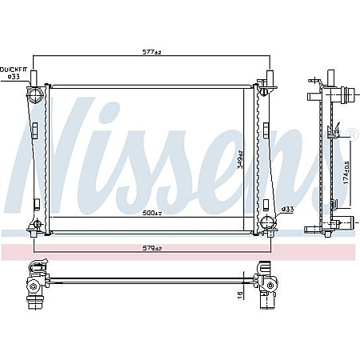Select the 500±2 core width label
(152, 213)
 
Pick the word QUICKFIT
(14, 70)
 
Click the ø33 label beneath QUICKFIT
(13, 78)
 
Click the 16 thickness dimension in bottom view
(239, 297)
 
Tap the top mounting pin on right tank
(269, 78)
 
